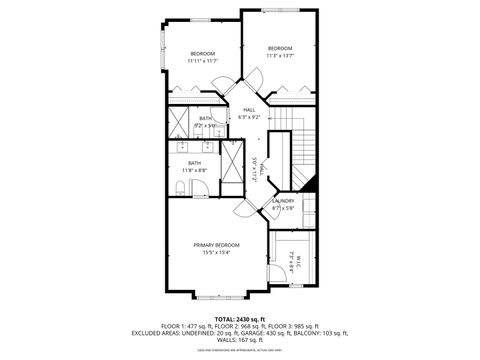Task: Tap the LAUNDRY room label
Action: (283, 201)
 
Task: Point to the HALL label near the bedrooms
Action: (249, 110)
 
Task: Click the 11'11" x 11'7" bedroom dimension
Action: (204, 61)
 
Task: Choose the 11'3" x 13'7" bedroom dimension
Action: (280, 56)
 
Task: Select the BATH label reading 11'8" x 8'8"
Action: (194, 163)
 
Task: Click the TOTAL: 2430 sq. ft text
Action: (240, 318)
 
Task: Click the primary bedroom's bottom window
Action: (218, 296)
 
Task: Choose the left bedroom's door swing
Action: (226, 88)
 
